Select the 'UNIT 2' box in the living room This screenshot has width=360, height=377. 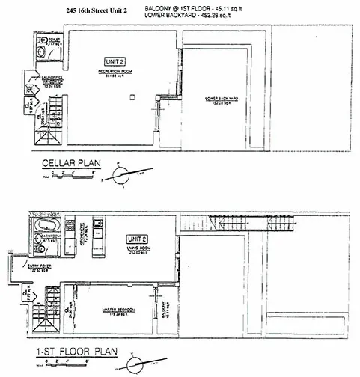pos(136,239)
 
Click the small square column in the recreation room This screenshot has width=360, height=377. pos(131,96)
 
